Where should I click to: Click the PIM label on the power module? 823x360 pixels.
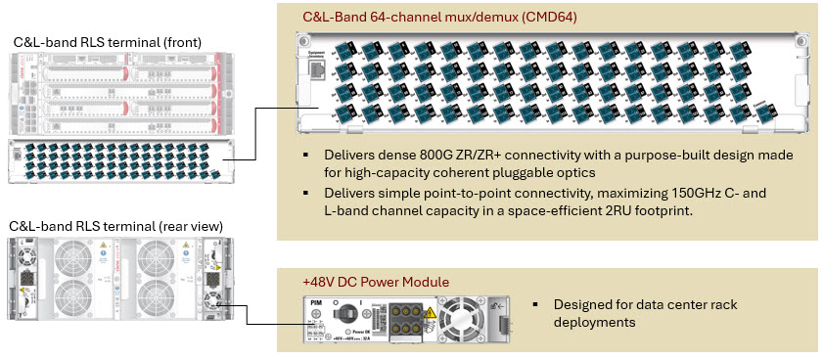pos(316,304)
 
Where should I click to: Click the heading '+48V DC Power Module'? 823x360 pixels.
pos(375,282)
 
